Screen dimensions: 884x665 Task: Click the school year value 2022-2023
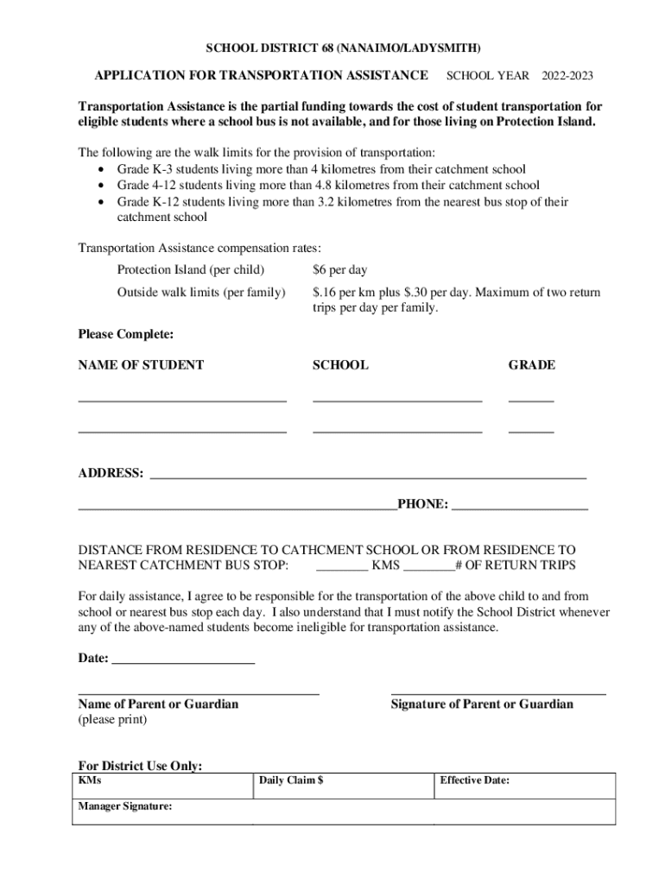tap(567, 76)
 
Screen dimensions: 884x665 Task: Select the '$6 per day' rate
tap(339, 270)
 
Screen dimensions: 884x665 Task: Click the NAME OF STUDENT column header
tap(141, 365)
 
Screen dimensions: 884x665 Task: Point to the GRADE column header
tap(531, 365)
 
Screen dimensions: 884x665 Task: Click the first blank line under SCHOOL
tap(396, 400)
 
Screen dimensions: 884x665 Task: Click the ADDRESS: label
tap(111, 473)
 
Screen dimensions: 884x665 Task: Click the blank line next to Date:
tap(183, 661)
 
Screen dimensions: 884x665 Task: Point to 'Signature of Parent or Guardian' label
tap(482, 704)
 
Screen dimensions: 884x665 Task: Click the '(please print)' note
tap(113, 719)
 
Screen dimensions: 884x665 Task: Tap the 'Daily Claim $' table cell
tap(343, 786)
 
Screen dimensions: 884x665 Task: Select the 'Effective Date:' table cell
tap(524, 786)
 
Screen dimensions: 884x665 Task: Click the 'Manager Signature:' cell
tap(162, 811)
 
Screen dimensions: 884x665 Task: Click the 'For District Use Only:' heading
tap(140, 766)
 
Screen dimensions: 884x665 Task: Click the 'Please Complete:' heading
tap(126, 334)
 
